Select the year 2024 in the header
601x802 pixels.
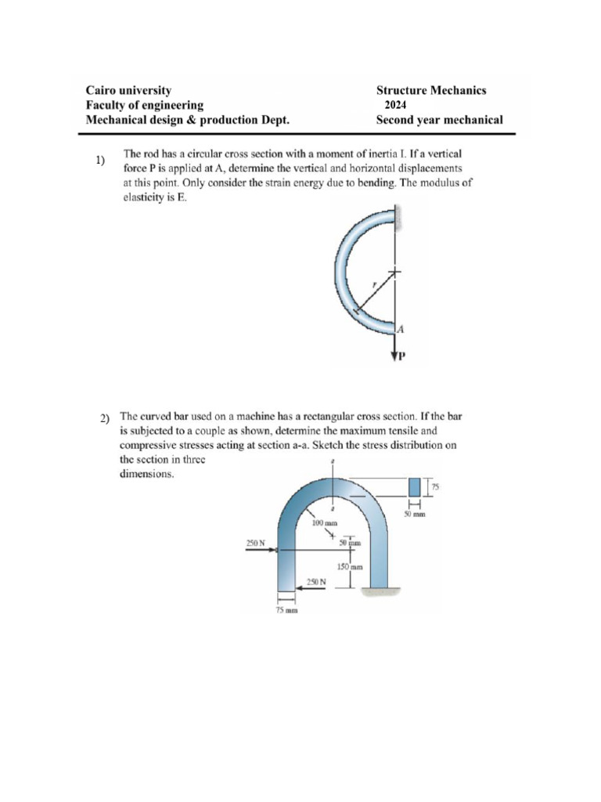click(x=395, y=106)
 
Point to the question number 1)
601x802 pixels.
click(x=99, y=161)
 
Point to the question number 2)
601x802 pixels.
click(x=104, y=420)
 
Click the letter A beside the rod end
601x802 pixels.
click(x=400, y=329)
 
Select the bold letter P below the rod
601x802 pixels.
click(x=403, y=359)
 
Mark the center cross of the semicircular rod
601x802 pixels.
click(x=395, y=272)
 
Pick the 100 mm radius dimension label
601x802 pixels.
click(x=324, y=522)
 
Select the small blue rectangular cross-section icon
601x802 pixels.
click(x=414, y=486)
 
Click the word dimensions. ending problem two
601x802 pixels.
click(x=146, y=475)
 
